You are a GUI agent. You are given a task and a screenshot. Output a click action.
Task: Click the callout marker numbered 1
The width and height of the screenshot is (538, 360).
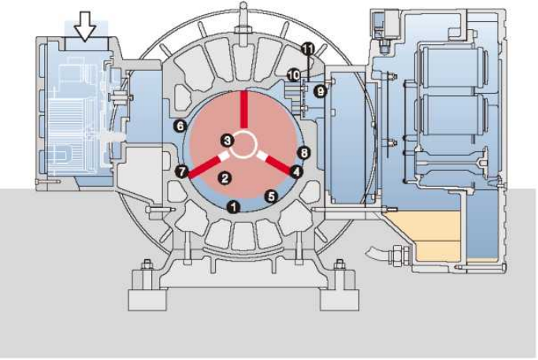(x=232, y=206)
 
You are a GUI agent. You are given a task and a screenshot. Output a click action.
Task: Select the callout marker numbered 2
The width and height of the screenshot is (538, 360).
(x=224, y=178)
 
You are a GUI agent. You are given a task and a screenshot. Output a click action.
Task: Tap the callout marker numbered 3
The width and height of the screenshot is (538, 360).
(x=227, y=140)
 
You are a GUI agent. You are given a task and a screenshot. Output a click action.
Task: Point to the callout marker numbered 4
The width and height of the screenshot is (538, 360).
(x=295, y=170)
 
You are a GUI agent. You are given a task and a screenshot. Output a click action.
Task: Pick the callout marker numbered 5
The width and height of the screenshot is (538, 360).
(x=271, y=195)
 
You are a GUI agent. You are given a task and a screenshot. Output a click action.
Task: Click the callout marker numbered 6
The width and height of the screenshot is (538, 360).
(x=180, y=125)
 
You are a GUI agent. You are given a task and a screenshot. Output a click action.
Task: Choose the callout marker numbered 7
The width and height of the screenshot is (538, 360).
(x=182, y=170)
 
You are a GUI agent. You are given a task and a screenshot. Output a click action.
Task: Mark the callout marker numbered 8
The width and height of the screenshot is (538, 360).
(x=305, y=152)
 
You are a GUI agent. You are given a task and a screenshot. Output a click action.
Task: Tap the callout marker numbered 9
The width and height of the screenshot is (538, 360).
(x=320, y=91)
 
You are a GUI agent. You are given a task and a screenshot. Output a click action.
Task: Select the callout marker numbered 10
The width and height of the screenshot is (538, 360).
(x=293, y=74)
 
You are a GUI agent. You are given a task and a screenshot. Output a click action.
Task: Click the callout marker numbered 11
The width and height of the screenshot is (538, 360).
(x=307, y=49)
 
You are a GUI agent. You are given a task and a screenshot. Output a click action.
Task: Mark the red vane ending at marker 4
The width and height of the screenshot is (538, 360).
(x=276, y=161)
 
